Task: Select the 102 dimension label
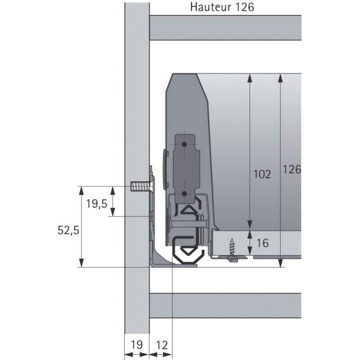[x=262, y=175]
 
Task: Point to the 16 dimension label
[x=262, y=243]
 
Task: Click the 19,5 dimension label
[x=96, y=203]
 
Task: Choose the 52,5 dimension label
[x=68, y=230]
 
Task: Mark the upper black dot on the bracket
[x=184, y=144]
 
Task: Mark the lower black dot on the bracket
[x=184, y=193]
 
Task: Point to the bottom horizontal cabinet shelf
[x=225, y=305]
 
